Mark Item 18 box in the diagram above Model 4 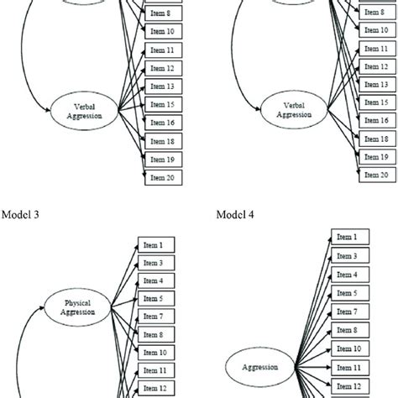pyautogui.click(x=375, y=139)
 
